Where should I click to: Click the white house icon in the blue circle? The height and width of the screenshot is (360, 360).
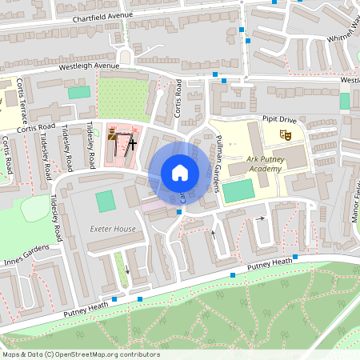click(x=179, y=172)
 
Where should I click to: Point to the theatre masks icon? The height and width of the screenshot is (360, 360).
click(x=284, y=137)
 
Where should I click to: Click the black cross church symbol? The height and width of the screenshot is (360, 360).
click(x=131, y=144)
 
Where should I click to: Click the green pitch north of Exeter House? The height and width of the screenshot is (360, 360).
click(x=106, y=201)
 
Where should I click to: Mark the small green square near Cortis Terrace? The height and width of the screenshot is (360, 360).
click(x=79, y=93)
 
